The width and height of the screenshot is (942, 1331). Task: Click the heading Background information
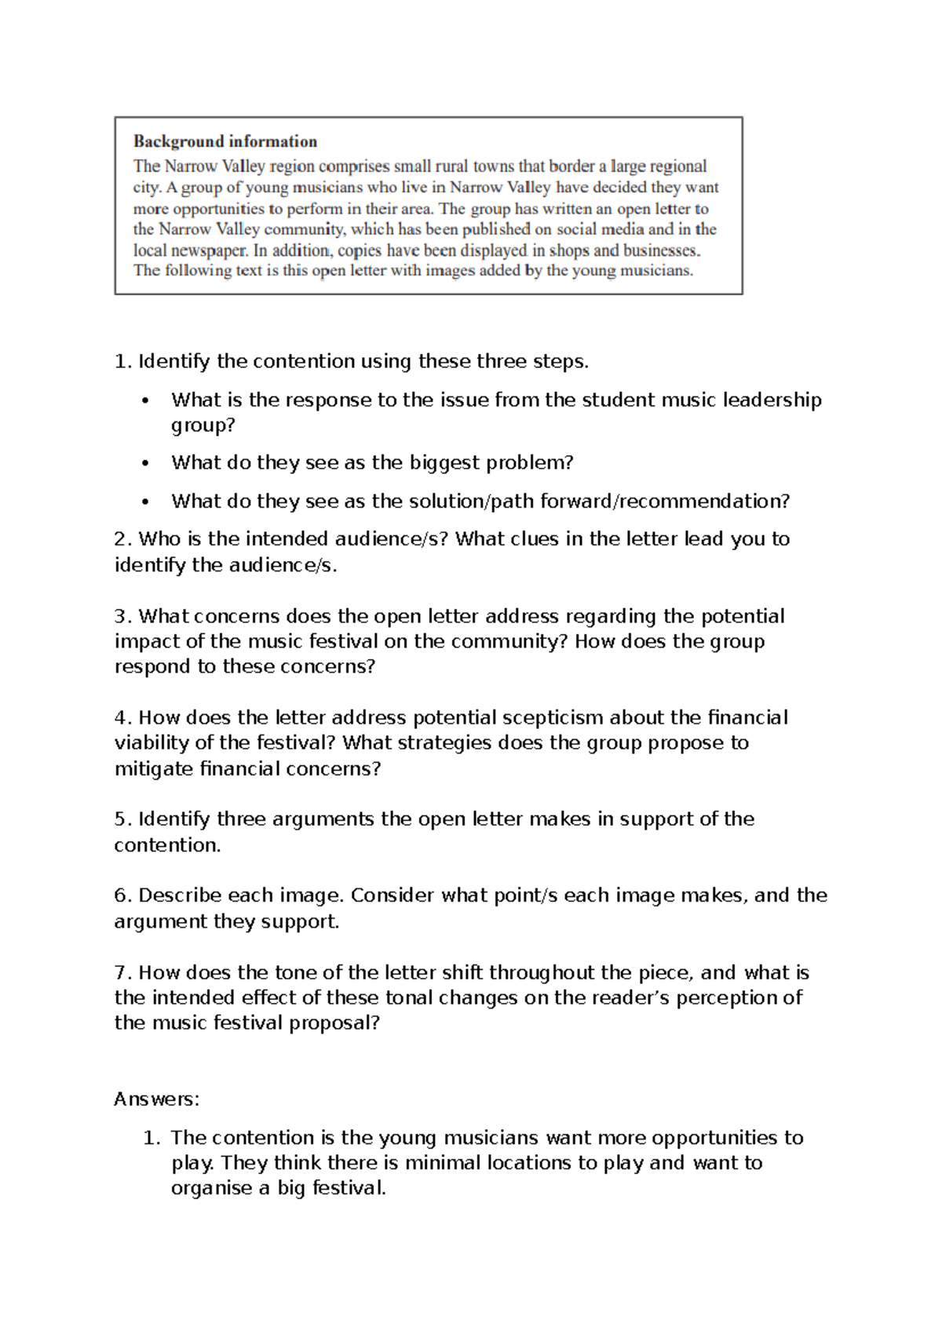pos(225,142)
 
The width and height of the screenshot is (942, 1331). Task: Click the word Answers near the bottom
pos(156,1099)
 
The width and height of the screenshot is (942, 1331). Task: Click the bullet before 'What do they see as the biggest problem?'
pos(144,464)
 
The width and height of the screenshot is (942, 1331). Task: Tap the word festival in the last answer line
pos(349,1188)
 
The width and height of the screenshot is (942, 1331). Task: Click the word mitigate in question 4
pos(154,769)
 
